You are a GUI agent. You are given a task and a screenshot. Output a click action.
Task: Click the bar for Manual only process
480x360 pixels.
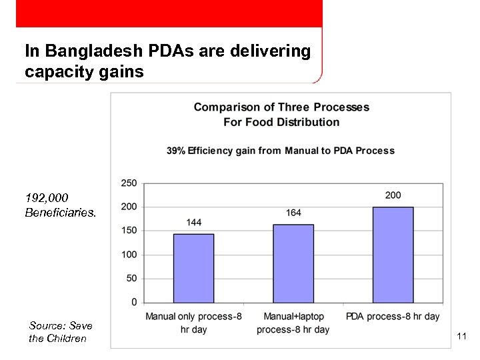[x=193, y=267]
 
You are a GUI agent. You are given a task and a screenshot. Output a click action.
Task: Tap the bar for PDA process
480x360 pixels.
[x=393, y=254]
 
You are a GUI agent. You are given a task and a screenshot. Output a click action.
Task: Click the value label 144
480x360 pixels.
[x=193, y=222]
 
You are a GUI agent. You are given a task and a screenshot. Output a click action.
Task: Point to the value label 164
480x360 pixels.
[x=293, y=213]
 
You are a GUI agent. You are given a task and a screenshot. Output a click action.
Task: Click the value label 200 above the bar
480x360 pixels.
[x=393, y=195]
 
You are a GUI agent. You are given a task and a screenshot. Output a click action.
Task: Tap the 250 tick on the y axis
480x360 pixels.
[x=129, y=183]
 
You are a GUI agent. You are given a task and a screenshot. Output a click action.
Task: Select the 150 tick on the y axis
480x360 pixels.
[x=129, y=231]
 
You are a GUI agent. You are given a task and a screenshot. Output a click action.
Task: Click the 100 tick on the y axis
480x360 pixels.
[x=129, y=255]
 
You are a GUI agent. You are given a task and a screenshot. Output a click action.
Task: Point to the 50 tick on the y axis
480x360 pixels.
[x=131, y=279]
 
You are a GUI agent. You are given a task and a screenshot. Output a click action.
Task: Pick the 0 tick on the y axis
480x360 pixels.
[x=134, y=302]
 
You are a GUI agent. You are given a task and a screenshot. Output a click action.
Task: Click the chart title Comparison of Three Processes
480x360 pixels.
[x=281, y=107]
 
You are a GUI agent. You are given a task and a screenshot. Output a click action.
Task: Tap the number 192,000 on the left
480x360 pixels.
[x=47, y=198]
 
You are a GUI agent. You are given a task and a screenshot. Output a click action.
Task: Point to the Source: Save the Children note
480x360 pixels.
[x=60, y=332]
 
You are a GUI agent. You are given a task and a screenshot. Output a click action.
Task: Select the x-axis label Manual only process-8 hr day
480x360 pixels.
[x=193, y=323]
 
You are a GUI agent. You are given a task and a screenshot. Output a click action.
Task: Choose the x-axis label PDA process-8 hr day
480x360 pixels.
[x=393, y=316]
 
